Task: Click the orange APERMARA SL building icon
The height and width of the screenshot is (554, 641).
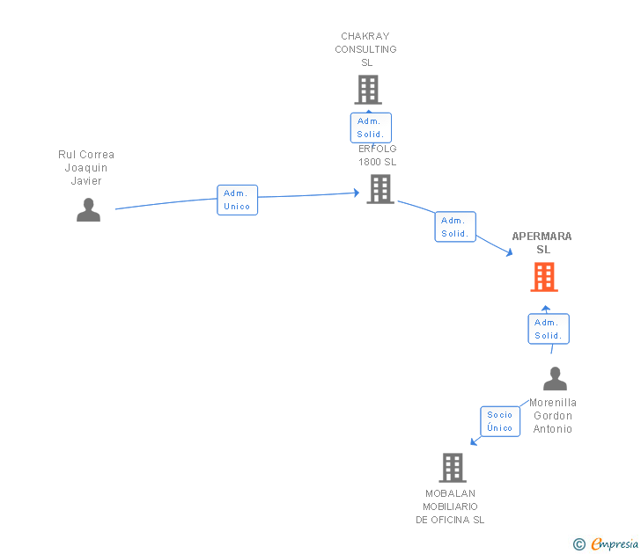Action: tap(544, 278)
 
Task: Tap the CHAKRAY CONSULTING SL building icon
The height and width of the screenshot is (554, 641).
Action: tap(368, 90)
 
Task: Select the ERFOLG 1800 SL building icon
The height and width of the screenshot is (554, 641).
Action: tap(380, 189)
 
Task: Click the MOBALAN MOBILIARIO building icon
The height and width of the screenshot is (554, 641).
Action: tap(453, 468)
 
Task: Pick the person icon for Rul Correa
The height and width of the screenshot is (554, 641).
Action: tap(88, 210)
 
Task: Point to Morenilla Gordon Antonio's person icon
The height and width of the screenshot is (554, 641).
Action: tap(555, 379)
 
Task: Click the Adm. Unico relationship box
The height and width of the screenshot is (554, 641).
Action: tap(237, 200)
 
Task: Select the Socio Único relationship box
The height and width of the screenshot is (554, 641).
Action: tap(499, 421)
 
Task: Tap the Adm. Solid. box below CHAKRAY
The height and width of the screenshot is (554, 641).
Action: tap(370, 128)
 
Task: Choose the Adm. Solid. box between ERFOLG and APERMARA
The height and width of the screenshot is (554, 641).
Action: tap(454, 227)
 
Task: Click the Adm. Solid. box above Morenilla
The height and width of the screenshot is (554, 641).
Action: tap(548, 329)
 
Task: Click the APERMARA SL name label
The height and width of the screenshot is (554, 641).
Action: tap(542, 243)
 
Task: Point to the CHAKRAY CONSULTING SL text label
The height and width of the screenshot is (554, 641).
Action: tap(365, 49)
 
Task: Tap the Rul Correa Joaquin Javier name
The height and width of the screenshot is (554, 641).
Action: tap(86, 168)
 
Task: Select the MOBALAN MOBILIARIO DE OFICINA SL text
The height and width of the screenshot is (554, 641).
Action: tap(450, 507)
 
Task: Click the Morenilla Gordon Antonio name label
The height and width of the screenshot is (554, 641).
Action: tap(553, 416)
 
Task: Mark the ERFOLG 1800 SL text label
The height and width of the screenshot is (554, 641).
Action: tap(378, 155)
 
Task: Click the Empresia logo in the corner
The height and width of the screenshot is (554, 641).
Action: tap(615, 543)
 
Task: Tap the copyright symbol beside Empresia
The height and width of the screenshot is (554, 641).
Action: tap(578, 544)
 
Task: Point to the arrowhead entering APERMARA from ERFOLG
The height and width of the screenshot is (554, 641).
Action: tap(509, 253)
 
